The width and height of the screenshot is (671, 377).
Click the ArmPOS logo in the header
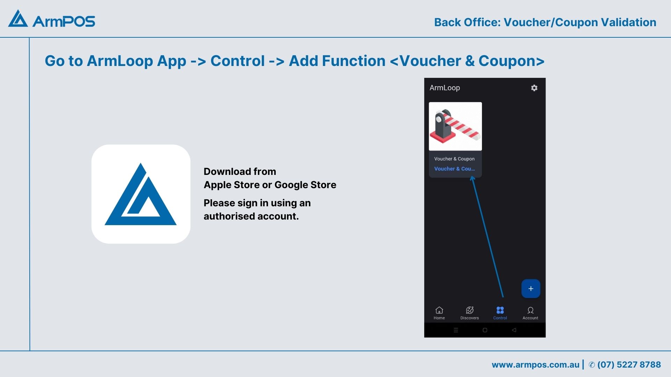coord(52,19)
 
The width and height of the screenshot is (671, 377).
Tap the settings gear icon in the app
coord(534,88)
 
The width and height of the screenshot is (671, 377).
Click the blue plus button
coord(531,289)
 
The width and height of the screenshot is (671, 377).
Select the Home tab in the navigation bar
coord(439,313)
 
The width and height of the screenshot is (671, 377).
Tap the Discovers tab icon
coord(470,310)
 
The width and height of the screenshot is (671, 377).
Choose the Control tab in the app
coord(500,313)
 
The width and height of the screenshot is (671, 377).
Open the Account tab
coord(530,313)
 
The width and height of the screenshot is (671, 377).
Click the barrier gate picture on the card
coord(455,126)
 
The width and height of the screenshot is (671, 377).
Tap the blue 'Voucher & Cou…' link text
coord(454,169)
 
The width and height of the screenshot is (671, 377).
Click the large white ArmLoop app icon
coord(141,194)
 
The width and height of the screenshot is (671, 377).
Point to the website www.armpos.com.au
coord(535,365)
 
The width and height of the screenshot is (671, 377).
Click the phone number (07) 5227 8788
coord(629,365)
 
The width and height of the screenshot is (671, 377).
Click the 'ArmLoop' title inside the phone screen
coord(445,88)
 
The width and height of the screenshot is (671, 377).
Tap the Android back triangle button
coord(514,330)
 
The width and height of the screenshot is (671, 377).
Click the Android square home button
coord(485,330)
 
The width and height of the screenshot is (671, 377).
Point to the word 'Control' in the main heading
coord(238,61)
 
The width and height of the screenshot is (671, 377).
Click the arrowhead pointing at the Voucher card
coord(472,179)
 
